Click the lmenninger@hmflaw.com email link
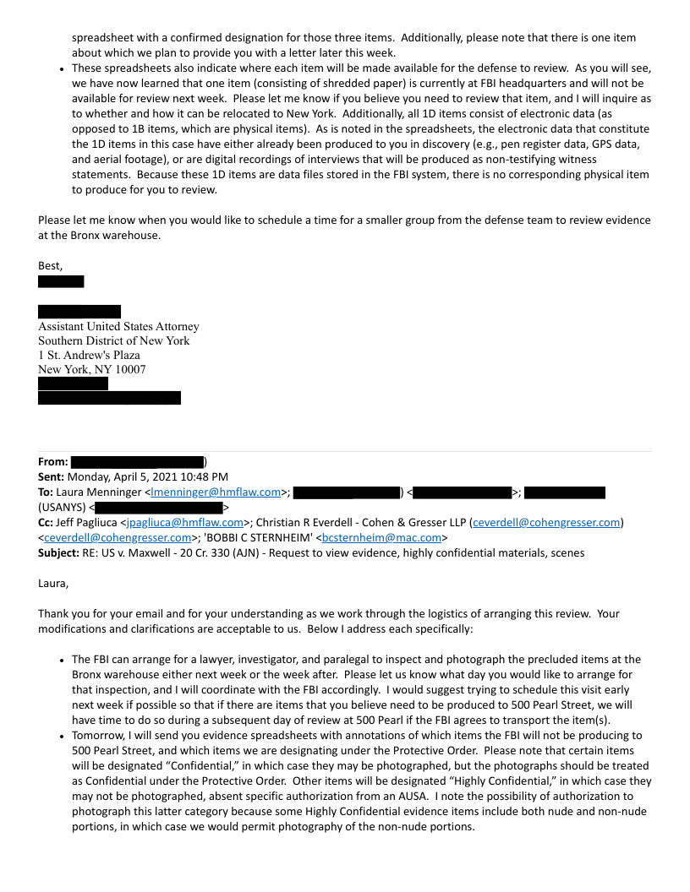216,492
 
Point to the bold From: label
53,462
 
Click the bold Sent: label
52,477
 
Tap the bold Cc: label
47,523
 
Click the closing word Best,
51,266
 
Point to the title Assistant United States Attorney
118,327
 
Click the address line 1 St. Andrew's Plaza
89,356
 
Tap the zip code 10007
129,370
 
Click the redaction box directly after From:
138,462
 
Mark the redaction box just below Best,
61,282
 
